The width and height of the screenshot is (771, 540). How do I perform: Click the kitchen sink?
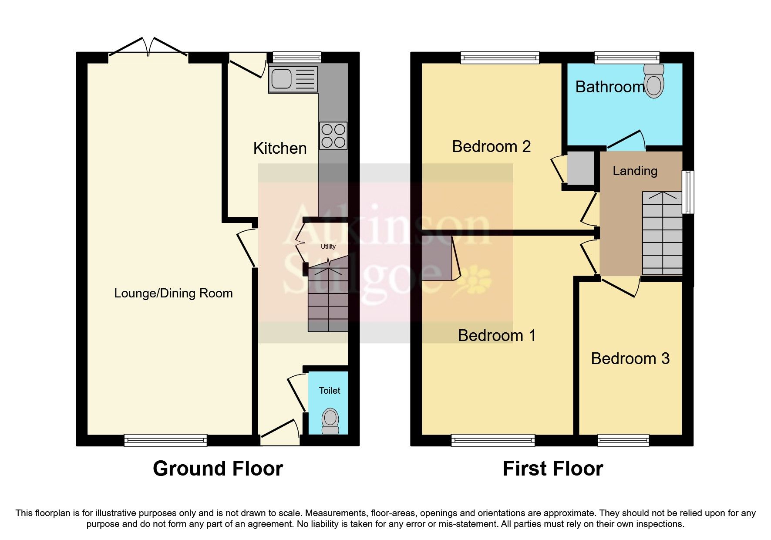(x=293, y=79)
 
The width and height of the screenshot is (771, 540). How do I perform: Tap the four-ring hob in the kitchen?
(x=333, y=135)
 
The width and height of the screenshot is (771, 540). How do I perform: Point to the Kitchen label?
(x=280, y=148)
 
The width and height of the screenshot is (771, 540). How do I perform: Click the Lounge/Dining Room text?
(x=173, y=294)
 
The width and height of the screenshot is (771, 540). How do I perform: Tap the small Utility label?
(x=328, y=246)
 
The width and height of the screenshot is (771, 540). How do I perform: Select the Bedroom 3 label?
(x=630, y=358)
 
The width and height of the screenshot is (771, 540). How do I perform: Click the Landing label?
(x=635, y=171)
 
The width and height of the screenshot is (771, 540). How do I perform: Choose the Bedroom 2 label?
(x=491, y=146)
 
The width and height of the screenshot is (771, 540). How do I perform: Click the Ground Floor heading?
(x=218, y=469)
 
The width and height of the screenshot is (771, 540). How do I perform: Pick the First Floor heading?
(x=552, y=469)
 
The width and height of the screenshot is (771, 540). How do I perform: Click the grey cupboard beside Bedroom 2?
(x=580, y=168)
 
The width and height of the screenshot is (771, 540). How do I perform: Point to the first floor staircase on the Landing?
(x=662, y=233)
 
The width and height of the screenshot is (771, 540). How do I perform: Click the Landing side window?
(x=687, y=192)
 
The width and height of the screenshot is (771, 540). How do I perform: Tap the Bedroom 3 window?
(x=623, y=440)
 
